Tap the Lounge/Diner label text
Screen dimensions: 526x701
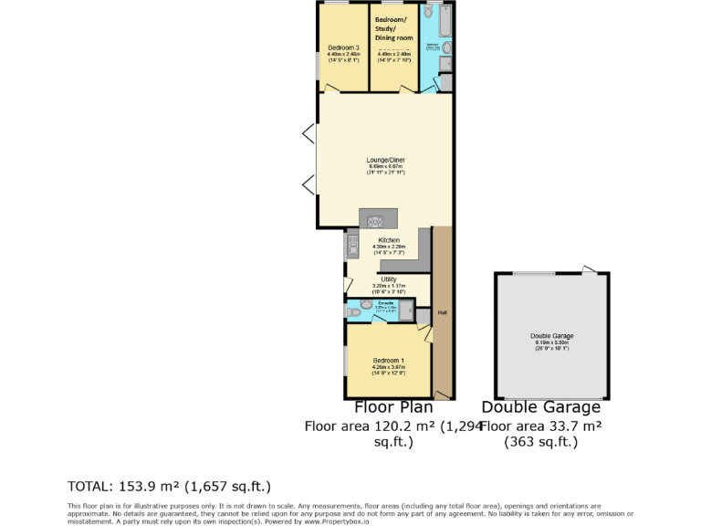[385, 160]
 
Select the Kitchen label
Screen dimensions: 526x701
[389, 240]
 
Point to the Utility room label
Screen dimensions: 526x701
[389, 278]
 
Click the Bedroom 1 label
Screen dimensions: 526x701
[387, 363]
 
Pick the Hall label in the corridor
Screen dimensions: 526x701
[442, 313]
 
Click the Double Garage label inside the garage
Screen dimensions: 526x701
[552, 336]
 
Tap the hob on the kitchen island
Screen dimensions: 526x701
[376, 219]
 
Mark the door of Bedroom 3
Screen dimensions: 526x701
[331, 89]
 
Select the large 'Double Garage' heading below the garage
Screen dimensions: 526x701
[541, 407]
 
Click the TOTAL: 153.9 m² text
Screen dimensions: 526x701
[170, 486]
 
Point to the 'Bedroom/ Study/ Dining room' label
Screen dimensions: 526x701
[394, 28]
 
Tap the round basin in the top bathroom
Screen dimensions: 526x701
[447, 47]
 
